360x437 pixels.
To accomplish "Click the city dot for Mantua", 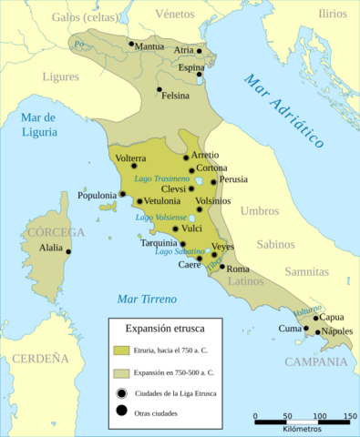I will pyautogui.click(x=131, y=44).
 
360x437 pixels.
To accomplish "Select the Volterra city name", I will pyautogui.click(x=132, y=158).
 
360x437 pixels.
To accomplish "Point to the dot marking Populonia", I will pyautogui.click(x=121, y=193).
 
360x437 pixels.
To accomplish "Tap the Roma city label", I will pyautogui.click(x=237, y=269).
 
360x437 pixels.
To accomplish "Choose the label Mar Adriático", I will pyautogui.click(x=285, y=110).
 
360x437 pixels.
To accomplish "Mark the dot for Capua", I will pyautogui.click(x=315, y=319).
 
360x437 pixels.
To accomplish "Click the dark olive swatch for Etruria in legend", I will pyautogui.click(x=121, y=349).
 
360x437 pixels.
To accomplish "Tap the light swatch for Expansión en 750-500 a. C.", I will pyautogui.click(x=121, y=372).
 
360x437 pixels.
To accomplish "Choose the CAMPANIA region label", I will pyautogui.click(x=314, y=361).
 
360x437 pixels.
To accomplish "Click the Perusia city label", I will pyautogui.click(x=234, y=180).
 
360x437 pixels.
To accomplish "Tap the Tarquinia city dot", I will pyautogui.click(x=182, y=244).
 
